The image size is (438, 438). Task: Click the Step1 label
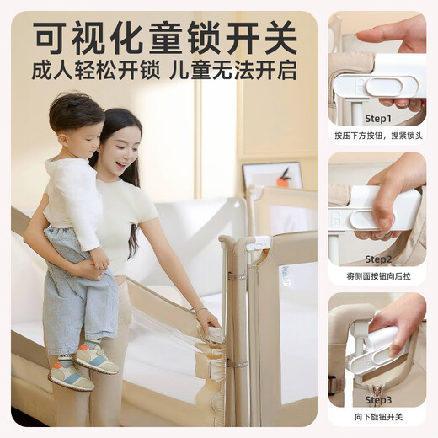377,119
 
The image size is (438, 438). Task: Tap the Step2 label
377,259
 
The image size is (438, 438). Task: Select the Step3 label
377,399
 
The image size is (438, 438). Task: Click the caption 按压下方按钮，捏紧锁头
377,135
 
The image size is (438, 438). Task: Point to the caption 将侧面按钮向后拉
377,275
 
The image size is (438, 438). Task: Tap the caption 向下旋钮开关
377,416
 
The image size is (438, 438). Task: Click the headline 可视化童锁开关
165,36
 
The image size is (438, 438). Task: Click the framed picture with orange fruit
272,176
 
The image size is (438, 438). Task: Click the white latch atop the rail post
258,243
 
